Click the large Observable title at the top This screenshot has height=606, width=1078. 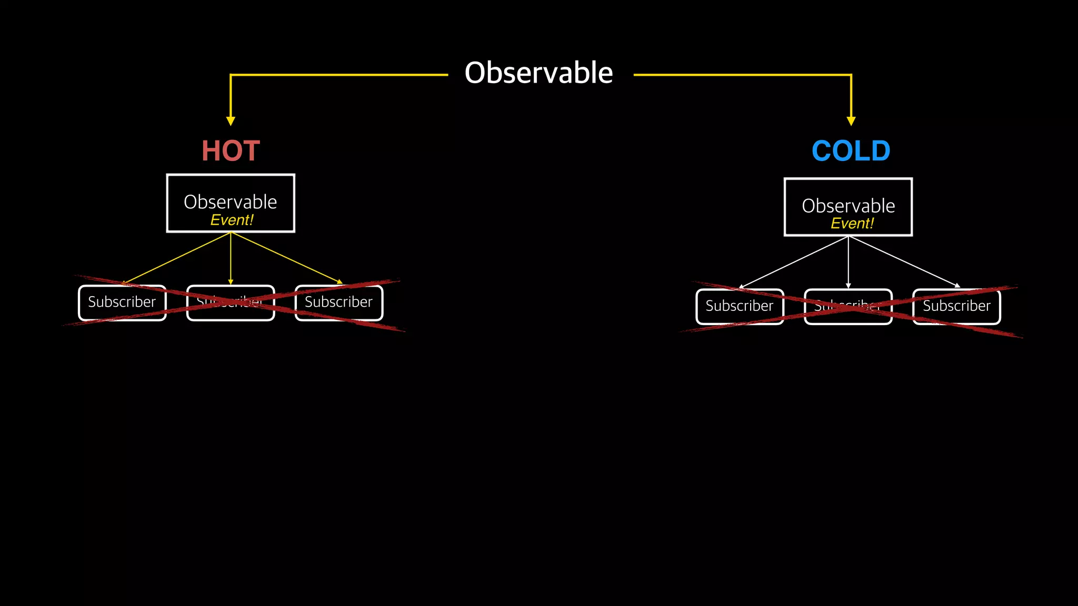[538, 73]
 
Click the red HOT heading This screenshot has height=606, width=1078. [231, 151]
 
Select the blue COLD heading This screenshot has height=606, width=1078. [851, 151]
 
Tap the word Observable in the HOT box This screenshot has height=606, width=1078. [230, 201]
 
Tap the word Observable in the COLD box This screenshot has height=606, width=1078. [848, 205]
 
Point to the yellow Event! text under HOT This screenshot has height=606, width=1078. [232, 220]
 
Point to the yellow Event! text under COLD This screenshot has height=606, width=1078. [852, 224]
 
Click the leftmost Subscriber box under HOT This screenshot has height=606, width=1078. [122, 302]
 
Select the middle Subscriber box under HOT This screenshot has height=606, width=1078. [231, 302]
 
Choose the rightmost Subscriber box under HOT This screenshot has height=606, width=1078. [339, 302]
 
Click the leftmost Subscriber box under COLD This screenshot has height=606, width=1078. [740, 306]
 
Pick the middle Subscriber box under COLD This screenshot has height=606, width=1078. [848, 306]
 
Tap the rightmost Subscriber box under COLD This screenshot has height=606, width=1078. [956, 306]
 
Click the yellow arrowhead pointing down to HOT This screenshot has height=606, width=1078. [231, 121]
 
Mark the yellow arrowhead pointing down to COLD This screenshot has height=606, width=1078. [851, 121]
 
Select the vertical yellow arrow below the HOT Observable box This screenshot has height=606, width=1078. [231, 258]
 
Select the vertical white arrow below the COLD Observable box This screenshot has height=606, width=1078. [848, 261]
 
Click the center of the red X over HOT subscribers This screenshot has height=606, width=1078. [232, 303]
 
